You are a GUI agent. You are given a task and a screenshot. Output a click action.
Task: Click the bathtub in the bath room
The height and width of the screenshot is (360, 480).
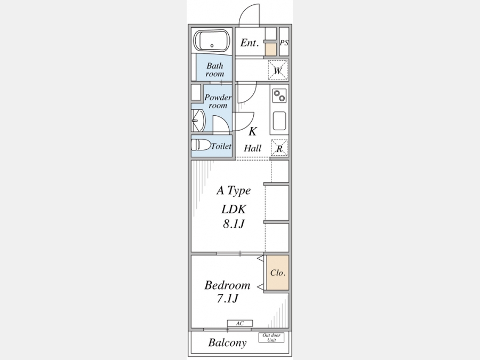pos(212,41)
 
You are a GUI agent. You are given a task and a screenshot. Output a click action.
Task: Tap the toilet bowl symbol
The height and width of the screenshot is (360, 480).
pos(201,145)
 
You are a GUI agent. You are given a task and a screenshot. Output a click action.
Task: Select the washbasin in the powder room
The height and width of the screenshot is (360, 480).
pos(198,121)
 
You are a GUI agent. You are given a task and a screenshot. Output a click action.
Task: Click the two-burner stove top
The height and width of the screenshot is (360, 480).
pos(279,96)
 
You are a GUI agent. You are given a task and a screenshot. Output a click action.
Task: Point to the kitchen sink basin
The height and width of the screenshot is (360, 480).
pos(279,121)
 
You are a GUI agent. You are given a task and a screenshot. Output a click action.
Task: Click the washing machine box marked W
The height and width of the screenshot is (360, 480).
pos(278,70)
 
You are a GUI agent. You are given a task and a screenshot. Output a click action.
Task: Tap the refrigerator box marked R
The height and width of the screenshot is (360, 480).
pos(279,148)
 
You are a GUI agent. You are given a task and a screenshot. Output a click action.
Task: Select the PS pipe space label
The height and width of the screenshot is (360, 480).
pos(284,43)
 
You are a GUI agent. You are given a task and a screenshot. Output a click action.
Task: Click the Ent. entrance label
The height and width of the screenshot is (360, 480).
pos(250,43)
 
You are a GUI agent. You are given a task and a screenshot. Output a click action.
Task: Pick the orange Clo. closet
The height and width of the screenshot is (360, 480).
pos(278,273)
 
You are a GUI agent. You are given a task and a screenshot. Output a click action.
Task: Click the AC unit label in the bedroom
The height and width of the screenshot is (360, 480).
pos(240,323)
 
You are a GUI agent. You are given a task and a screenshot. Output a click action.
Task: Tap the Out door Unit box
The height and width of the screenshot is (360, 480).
pos(271,338)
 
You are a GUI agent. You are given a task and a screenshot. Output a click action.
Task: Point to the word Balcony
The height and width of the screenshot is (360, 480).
pos(227,342)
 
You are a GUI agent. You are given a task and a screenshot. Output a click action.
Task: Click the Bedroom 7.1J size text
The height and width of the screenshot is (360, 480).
pos(227,291)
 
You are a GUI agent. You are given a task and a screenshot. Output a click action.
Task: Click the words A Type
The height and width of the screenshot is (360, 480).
pos(234,190)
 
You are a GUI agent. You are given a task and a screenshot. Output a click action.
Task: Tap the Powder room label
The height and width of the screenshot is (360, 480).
pos(218,101)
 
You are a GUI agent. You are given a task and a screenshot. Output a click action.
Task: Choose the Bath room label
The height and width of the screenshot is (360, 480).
pos(215,69)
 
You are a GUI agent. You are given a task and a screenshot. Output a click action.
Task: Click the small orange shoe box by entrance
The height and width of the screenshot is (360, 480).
pos(270,49)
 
